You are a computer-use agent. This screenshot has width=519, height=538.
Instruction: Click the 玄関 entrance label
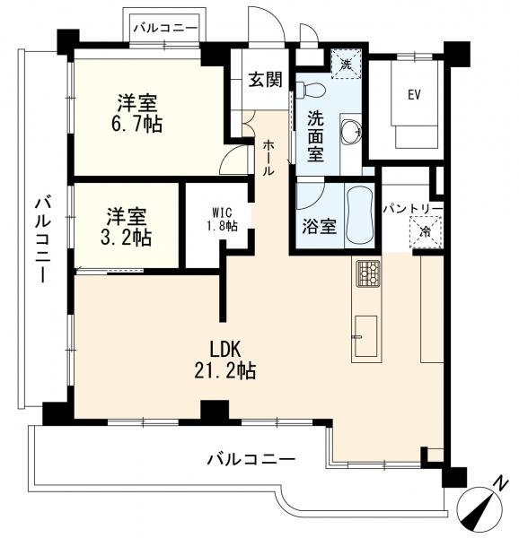[266, 80]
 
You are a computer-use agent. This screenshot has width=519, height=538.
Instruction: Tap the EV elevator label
[414, 95]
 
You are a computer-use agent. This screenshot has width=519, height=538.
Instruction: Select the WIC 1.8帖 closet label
[221, 220]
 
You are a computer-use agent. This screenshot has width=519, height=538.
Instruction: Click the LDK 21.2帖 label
[225, 360]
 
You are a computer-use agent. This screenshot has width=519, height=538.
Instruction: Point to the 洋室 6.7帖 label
[136, 113]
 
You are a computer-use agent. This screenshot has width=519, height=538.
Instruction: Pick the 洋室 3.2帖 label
[126, 227]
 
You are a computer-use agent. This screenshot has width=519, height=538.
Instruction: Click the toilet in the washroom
[311, 89]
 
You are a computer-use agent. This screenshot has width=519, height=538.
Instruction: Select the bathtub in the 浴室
[360, 216]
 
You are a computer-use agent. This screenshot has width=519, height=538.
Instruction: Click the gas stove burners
[368, 273]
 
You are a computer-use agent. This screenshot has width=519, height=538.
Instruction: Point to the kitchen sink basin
[365, 336]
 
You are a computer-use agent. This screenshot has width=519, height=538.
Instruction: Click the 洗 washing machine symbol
[347, 65]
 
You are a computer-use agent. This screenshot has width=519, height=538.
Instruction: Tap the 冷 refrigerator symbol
[426, 232]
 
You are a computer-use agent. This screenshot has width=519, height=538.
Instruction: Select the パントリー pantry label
[413, 208]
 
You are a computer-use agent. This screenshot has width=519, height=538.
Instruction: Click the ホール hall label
[268, 159]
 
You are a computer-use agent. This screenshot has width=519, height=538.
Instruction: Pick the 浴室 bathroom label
[319, 226]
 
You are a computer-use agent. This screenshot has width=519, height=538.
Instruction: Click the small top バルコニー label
[166, 28]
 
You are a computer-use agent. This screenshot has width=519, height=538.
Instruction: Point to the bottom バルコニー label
[251, 459]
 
